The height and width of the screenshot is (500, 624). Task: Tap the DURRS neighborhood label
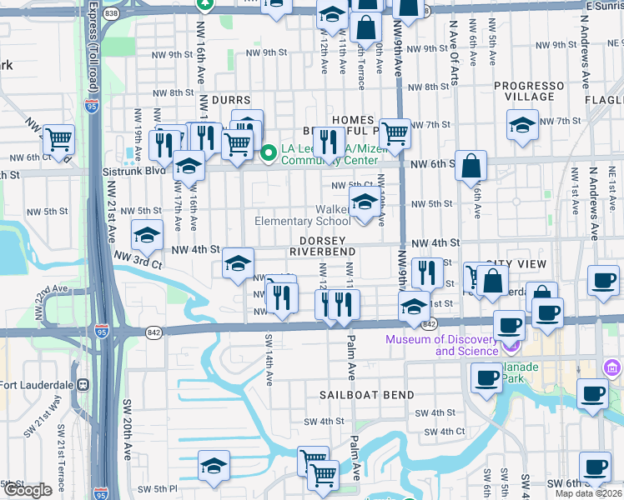pos(231,99)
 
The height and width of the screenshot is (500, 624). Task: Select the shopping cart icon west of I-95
pos(59,139)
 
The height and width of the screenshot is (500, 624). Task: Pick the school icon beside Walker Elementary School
pos(364,202)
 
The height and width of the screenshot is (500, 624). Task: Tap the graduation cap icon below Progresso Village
pos(522,126)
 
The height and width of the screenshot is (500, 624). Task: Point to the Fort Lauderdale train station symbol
pos(83,385)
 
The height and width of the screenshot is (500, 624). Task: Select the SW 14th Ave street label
pos(269,359)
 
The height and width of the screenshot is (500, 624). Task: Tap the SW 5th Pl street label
pos(158,488)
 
